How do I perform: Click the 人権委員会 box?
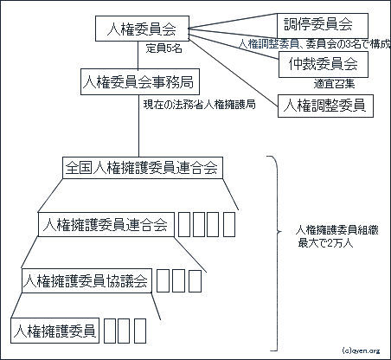coord(142,29)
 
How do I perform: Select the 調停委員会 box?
coord(323,25)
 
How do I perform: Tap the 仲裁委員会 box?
coord(324,64)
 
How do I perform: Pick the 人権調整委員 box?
coord(325,106)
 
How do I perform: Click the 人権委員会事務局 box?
coord(140,81)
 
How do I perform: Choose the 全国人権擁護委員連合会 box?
coord(143,168)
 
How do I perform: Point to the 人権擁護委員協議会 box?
coord(87,280)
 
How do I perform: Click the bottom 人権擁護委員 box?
coord(54,331)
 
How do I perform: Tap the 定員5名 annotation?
coord(163,48)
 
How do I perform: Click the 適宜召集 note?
coord(334,84)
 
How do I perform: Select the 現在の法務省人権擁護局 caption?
coord(200,105)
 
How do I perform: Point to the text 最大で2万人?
coord(325,243)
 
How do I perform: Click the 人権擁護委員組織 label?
coord(337,230)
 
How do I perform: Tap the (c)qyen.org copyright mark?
coord(361,350)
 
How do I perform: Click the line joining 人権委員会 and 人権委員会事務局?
coord(138,55)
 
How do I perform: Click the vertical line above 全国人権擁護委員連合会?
coord(138,125)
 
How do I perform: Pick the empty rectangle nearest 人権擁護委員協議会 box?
coord(163,280)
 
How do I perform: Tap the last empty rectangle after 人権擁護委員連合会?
coord(229,224)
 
